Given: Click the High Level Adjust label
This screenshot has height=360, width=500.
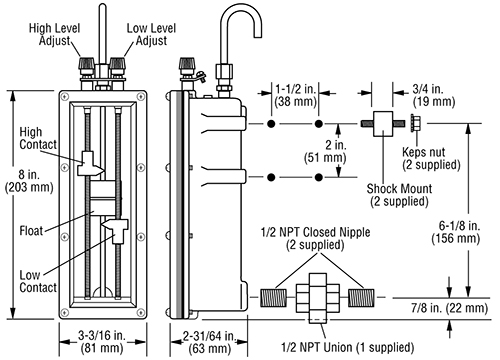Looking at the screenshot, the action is (55, 34).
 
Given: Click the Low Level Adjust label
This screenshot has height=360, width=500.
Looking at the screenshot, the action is (151, 34).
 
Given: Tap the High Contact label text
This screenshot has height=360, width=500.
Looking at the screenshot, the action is (38, 138).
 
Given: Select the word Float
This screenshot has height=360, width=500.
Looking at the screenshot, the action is (31, 231).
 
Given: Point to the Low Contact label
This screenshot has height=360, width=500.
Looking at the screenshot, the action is (38, 281).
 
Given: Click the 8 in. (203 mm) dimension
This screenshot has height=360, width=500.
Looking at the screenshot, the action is (29, 181).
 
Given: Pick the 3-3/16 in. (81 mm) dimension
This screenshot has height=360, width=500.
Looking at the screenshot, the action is (102, 342).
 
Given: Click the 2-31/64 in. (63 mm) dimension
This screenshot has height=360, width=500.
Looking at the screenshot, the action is (210, 342).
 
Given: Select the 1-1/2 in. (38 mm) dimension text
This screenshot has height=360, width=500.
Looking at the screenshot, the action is (295, 95).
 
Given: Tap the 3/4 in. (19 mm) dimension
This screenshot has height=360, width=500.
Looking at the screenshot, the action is (434, 95).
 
